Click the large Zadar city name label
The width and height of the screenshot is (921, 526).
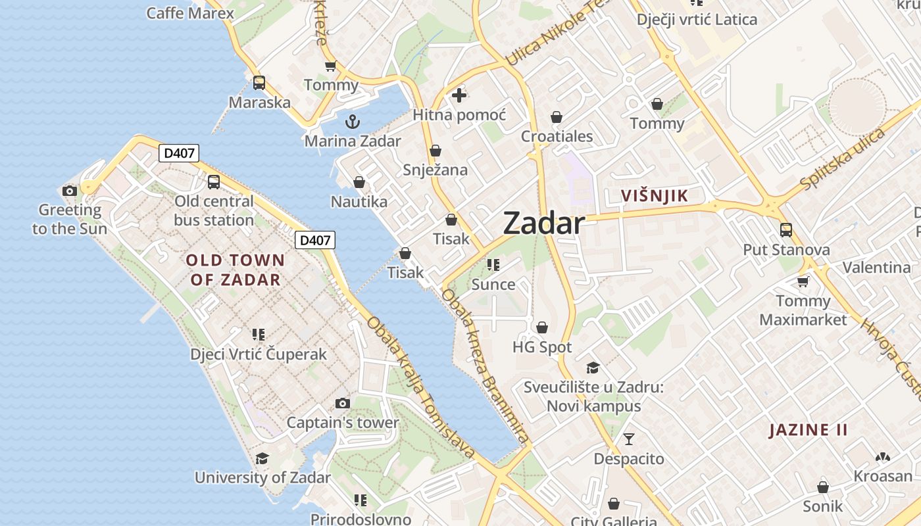tap(543, 224)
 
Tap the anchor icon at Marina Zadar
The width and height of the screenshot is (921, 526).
tap(353, 122)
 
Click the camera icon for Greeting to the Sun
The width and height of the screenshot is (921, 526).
tap(70, 191)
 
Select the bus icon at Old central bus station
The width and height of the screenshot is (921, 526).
tap(214, 182)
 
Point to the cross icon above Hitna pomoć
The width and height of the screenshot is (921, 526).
tap(459, 96)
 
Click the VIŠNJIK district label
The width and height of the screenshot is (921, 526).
tap(655, 195)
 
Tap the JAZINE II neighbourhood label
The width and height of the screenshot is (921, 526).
tap(809, 430)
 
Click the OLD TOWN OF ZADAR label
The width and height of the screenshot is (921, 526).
tap(236, 270)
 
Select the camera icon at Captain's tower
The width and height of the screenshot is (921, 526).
tap(343, 403)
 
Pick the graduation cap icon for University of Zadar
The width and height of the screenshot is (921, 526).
tap(262, 458)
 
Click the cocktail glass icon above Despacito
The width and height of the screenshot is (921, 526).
tap(629, 439)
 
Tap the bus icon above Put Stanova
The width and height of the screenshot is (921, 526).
tap(786, 230)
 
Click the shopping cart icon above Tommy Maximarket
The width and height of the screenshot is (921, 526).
tap(803, 282)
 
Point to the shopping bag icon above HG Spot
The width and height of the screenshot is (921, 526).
tap(542, 327)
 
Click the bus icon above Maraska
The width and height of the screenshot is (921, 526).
tap(259, 83)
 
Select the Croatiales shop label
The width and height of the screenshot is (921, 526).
tap(557, 136)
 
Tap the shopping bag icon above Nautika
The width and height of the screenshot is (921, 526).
tap(359, 182)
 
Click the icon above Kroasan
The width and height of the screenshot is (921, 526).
tap(883, 457)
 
